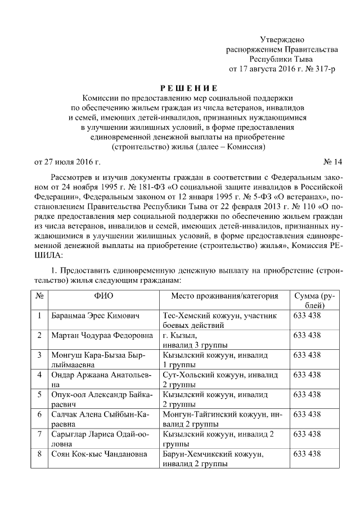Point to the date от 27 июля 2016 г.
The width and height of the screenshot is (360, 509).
[x=67, y=163]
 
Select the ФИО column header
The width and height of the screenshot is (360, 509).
[x=103, y=296]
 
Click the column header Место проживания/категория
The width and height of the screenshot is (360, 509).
[x=224, y=296]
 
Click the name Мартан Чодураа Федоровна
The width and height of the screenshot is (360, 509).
[x=101, y=335]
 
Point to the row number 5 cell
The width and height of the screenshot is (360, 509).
[x=39, y=394]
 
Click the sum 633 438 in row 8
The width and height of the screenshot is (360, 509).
[x=307, y=453]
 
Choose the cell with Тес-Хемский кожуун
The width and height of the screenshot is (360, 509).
[x=224, y=320]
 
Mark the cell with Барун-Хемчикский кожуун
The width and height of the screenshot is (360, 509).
[x=224, y=458]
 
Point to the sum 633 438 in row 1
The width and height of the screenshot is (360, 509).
[x=307, y=316]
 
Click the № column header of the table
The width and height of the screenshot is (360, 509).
[x=39, y=296]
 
